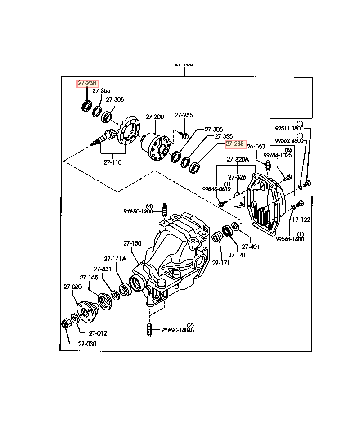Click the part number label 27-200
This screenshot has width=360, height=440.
[154, 117]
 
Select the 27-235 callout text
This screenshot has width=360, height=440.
[184, 115]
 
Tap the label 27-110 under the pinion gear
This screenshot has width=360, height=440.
[112, 162]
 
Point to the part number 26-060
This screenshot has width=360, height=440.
[256, 146]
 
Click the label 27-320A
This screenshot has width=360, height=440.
[237, 159]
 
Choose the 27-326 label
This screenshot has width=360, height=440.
[237, 177]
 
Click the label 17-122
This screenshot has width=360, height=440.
[301, 220]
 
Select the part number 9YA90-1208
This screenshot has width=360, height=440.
[138, 211]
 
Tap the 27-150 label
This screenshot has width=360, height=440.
[132, 243]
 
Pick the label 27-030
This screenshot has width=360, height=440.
[87, 344]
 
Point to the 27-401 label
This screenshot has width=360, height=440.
[251, 247]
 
